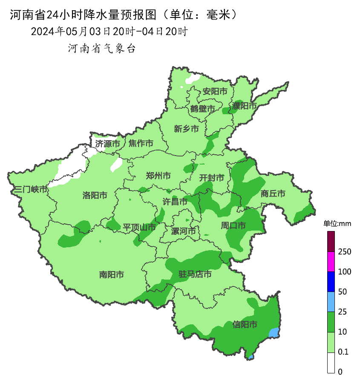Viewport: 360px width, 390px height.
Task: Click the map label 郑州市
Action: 158,176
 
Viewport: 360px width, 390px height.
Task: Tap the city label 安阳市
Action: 215,91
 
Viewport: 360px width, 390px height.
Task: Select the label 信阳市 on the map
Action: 245,325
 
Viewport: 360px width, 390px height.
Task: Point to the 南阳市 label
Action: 112,275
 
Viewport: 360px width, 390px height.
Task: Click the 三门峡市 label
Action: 31,190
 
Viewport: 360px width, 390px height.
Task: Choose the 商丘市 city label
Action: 273,194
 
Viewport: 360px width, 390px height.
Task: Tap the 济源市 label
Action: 107,144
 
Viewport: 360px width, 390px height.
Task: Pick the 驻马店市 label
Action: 195,274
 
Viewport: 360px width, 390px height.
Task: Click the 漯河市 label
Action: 183,231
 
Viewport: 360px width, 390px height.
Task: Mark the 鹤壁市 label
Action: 203,109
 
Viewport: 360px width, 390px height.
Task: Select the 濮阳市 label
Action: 245,105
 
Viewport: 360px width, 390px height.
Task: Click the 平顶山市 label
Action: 139,227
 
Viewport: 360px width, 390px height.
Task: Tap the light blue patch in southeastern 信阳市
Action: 275,332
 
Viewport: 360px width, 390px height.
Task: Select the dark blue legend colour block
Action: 331,281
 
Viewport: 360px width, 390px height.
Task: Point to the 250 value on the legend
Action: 344,252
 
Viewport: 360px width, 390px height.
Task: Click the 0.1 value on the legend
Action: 343,352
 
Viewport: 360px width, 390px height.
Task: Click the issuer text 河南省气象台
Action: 102,49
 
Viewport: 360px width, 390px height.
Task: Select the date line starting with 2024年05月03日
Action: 109,32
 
